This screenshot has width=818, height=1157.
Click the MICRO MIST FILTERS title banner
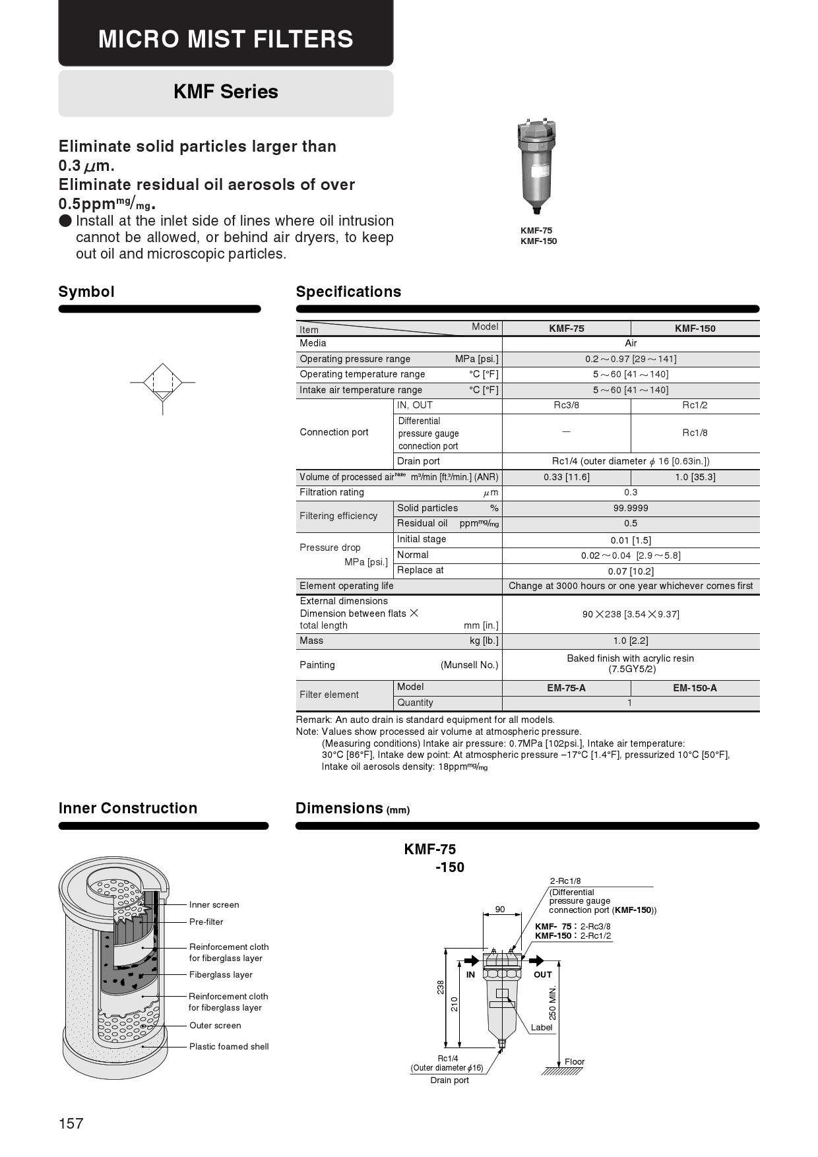click(226, 38)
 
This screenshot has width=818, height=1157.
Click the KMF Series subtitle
click(226, 92)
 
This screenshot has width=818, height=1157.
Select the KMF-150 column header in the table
click(695, 328)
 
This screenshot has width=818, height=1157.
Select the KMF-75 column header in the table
click(566, 328)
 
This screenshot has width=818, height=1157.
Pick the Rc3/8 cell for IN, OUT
click(566, 406)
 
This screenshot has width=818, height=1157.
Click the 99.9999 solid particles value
click(631, 509)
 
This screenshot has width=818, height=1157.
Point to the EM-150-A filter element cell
click(695, 688)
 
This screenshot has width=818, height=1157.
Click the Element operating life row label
click(346, 586)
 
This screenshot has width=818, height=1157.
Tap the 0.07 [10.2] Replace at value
click(631, 571)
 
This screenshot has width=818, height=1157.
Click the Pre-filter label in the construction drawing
click(206, 922)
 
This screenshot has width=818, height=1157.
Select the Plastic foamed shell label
click(229, 1047)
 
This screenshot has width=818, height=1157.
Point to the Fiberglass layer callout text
click(220, 975)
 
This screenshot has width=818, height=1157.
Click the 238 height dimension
click(441, 987)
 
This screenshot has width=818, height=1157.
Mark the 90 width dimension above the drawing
click(500, 910)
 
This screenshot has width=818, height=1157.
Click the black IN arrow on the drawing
click(472, 960)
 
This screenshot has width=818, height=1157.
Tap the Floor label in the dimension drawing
click(575, 1062)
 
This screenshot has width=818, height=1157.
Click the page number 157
click(71, 1123)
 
